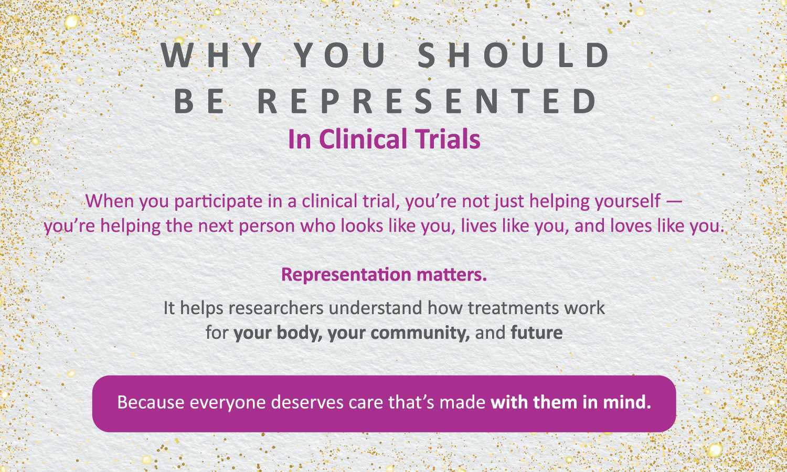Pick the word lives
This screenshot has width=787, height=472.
coord(478,226)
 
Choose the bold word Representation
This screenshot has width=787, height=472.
coord(346,275)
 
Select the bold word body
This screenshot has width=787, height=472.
coord(300,332)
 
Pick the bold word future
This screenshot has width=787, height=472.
coord(537,332)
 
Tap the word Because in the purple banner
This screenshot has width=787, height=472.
coord(151,402)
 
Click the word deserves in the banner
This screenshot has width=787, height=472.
coord(307,402)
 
